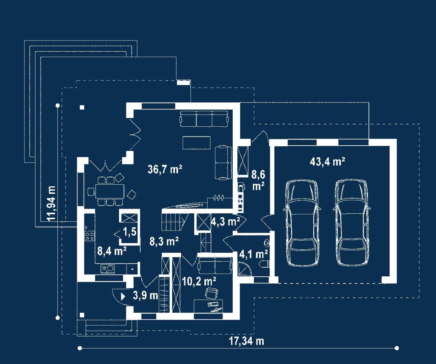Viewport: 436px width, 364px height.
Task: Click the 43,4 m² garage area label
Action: tap(327, 162)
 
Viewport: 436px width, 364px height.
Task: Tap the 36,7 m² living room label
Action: tap(165, 169)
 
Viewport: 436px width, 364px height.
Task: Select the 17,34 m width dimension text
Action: tap(246, 341)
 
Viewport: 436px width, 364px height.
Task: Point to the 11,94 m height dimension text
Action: tap(51, 204)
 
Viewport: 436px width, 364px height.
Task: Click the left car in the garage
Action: tap(302, 222)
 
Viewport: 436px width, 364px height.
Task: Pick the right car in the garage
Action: tap(352, 222)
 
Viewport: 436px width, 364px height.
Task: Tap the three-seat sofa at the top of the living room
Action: tap(204, 119)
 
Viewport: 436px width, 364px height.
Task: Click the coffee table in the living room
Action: tap(197, 143)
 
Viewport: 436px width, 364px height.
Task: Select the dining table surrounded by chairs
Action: tap(110, 191)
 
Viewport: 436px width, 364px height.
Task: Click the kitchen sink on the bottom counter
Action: tap(108, 269)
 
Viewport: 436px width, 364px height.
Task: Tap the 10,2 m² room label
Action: tap(199, 281)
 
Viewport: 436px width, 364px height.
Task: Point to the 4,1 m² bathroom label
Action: tap(254, 254)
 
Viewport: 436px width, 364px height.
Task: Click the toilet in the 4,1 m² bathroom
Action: tap(265, 264)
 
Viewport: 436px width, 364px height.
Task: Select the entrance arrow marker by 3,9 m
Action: tap(123, 296)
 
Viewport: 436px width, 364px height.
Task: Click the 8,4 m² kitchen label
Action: tap(112, 251)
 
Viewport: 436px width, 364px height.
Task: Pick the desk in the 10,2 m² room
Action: tap(208, 306)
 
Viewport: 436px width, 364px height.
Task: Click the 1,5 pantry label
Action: tap(130, 232)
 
